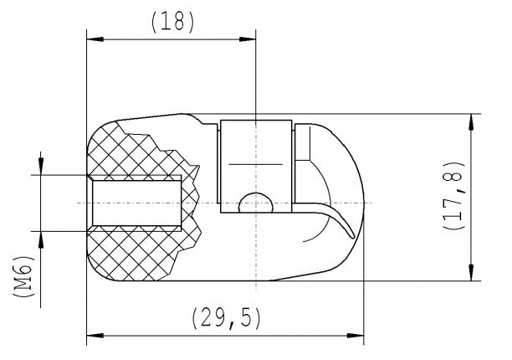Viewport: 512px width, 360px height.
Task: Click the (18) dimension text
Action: point(172,22)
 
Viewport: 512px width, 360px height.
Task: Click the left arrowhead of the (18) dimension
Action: point(94,39)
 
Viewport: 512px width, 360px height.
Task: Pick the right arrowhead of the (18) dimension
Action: point(249,39)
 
